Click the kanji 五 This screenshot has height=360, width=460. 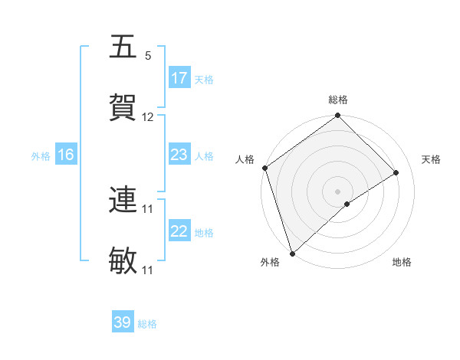[x=123, y=47]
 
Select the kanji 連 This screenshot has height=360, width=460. [x=123, y=200]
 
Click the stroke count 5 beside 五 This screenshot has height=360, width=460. [x=148, y=56]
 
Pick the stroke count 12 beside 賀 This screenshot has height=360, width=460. [x=148, y=117]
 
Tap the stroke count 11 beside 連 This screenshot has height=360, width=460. [x=148, y=208]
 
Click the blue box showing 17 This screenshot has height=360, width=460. [x=179, y=78]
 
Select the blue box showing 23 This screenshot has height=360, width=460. [x=179, y=155]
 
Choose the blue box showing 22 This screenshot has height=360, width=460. [x=179, y=231]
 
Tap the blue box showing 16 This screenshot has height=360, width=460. [x=66, y=155]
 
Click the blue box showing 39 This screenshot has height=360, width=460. [x=123, y=322]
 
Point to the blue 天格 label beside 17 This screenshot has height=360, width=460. [x=204, y=79]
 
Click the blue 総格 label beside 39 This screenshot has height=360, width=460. [x=148, y=323]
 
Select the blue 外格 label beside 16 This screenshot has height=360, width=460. [x=41, y=155]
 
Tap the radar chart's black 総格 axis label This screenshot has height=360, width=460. [x=338, y=100]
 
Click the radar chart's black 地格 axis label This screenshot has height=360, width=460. [x=402, y=262]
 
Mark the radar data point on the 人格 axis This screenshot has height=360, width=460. [x=264, y=168]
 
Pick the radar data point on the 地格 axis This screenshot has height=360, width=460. [x=347, y=204]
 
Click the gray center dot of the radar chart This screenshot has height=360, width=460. [x=338, y=191]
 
